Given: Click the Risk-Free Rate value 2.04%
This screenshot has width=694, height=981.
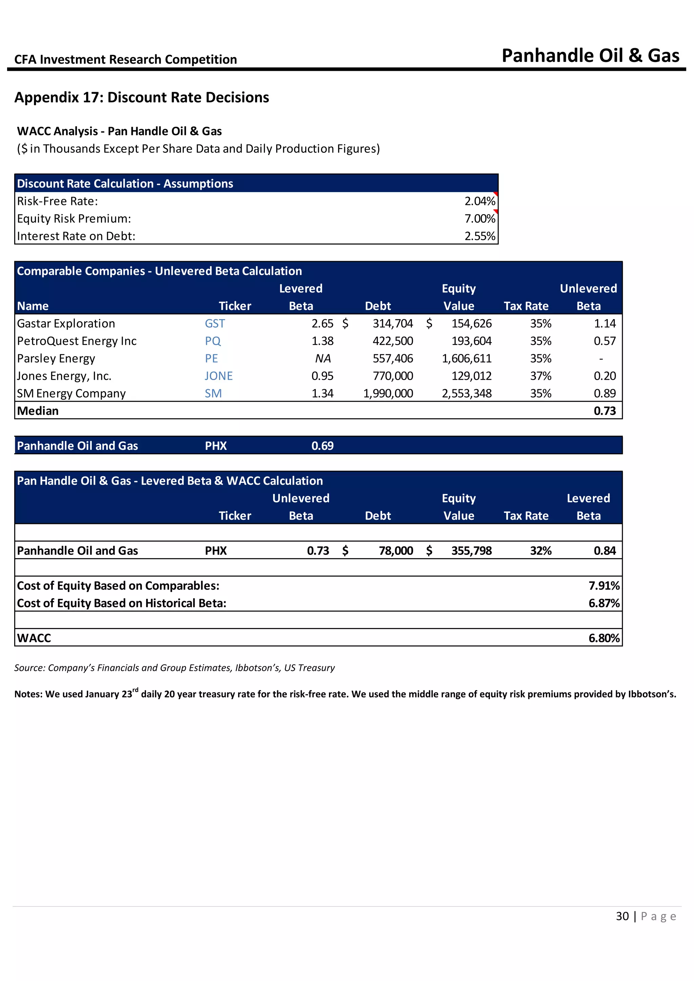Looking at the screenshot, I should (479, 201).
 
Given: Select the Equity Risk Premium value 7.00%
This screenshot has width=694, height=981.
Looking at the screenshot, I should (479, 219).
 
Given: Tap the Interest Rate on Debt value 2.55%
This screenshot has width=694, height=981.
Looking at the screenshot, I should (479, 236).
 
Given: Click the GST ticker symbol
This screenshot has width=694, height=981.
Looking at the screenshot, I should (215, 323).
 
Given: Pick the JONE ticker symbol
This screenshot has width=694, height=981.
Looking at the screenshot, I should (218, 376).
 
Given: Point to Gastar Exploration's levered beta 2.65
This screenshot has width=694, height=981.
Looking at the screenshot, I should (322, 323).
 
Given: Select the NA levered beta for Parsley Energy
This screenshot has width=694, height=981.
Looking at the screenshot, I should (323, 358).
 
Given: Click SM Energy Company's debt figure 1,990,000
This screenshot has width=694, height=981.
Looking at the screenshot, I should (388, 394).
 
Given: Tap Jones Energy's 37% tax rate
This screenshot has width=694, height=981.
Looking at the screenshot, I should (540, 376).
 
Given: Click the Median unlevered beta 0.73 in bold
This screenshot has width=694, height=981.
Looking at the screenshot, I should (605, 411).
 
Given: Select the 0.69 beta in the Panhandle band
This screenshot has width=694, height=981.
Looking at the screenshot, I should (322, 446).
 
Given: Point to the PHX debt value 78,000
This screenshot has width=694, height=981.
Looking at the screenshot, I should (396, 551).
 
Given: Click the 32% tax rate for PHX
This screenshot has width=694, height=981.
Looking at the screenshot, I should (540, 551).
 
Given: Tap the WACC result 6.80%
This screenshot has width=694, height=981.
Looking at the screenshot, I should (604, 638).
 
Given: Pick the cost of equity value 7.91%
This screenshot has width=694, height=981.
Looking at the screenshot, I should (604, 586).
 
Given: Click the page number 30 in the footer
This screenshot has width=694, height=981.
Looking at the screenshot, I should (622, 916).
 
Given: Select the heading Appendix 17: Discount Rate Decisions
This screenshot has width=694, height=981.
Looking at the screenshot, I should (141, 98).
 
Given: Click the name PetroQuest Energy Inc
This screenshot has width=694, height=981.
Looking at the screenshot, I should (77, 341).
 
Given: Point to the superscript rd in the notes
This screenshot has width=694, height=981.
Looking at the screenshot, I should (136, 690).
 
